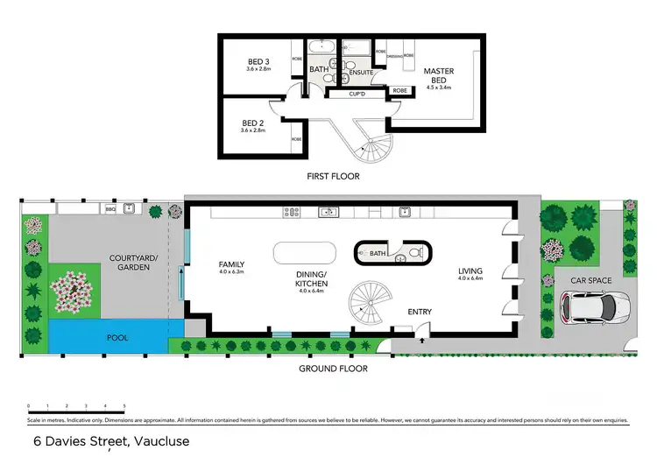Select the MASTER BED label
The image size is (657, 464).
click(437, 76)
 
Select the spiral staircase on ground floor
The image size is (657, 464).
click(368, 303)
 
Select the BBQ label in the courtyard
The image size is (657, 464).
click(110, 209)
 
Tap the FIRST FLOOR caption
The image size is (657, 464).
click(334, 176)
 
